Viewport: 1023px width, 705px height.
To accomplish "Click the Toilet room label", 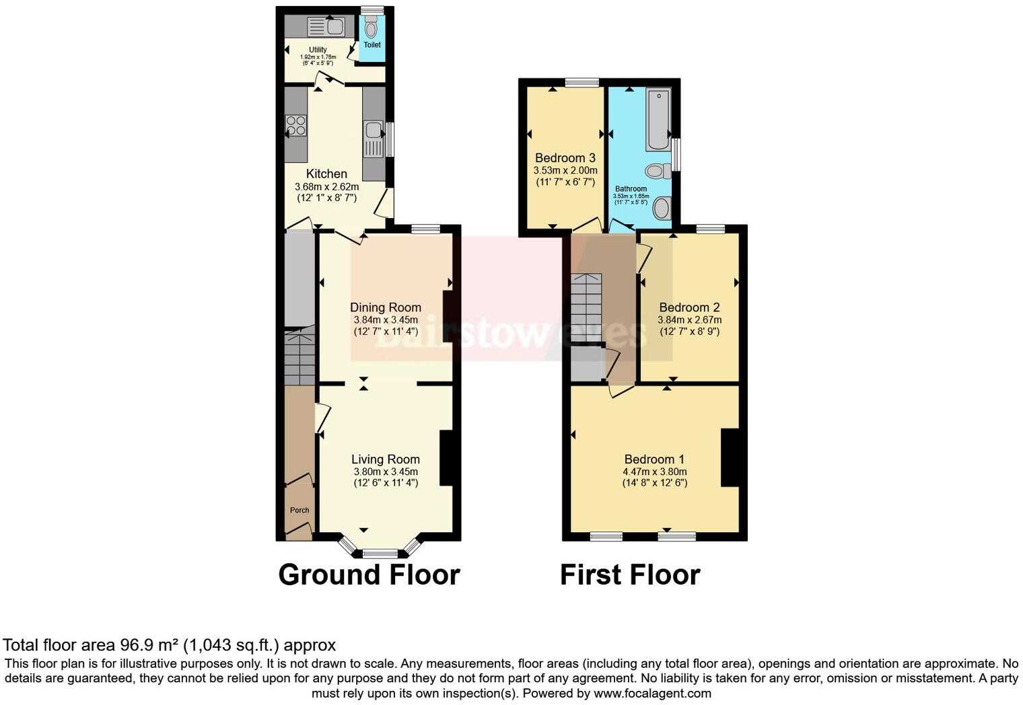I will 372,45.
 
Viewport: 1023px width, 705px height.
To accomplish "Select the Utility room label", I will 318,50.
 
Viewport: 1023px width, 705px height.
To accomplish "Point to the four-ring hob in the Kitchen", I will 296,126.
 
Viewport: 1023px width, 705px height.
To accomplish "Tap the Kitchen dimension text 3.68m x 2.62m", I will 326,187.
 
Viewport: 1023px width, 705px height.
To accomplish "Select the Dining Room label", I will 386,307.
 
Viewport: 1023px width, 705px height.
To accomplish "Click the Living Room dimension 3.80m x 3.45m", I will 386,472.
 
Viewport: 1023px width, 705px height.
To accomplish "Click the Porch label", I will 299,511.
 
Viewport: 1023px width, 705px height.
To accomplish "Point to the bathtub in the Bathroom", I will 658,119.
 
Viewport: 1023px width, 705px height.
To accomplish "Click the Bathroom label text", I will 631,189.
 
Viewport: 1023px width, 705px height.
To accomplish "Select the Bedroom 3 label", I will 565,158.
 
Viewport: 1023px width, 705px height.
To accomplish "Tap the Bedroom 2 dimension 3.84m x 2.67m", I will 689,320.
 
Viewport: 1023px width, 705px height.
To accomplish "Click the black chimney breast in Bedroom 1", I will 730,457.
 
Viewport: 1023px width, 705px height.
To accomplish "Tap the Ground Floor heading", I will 369,575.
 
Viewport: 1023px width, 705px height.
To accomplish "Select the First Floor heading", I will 630,575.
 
